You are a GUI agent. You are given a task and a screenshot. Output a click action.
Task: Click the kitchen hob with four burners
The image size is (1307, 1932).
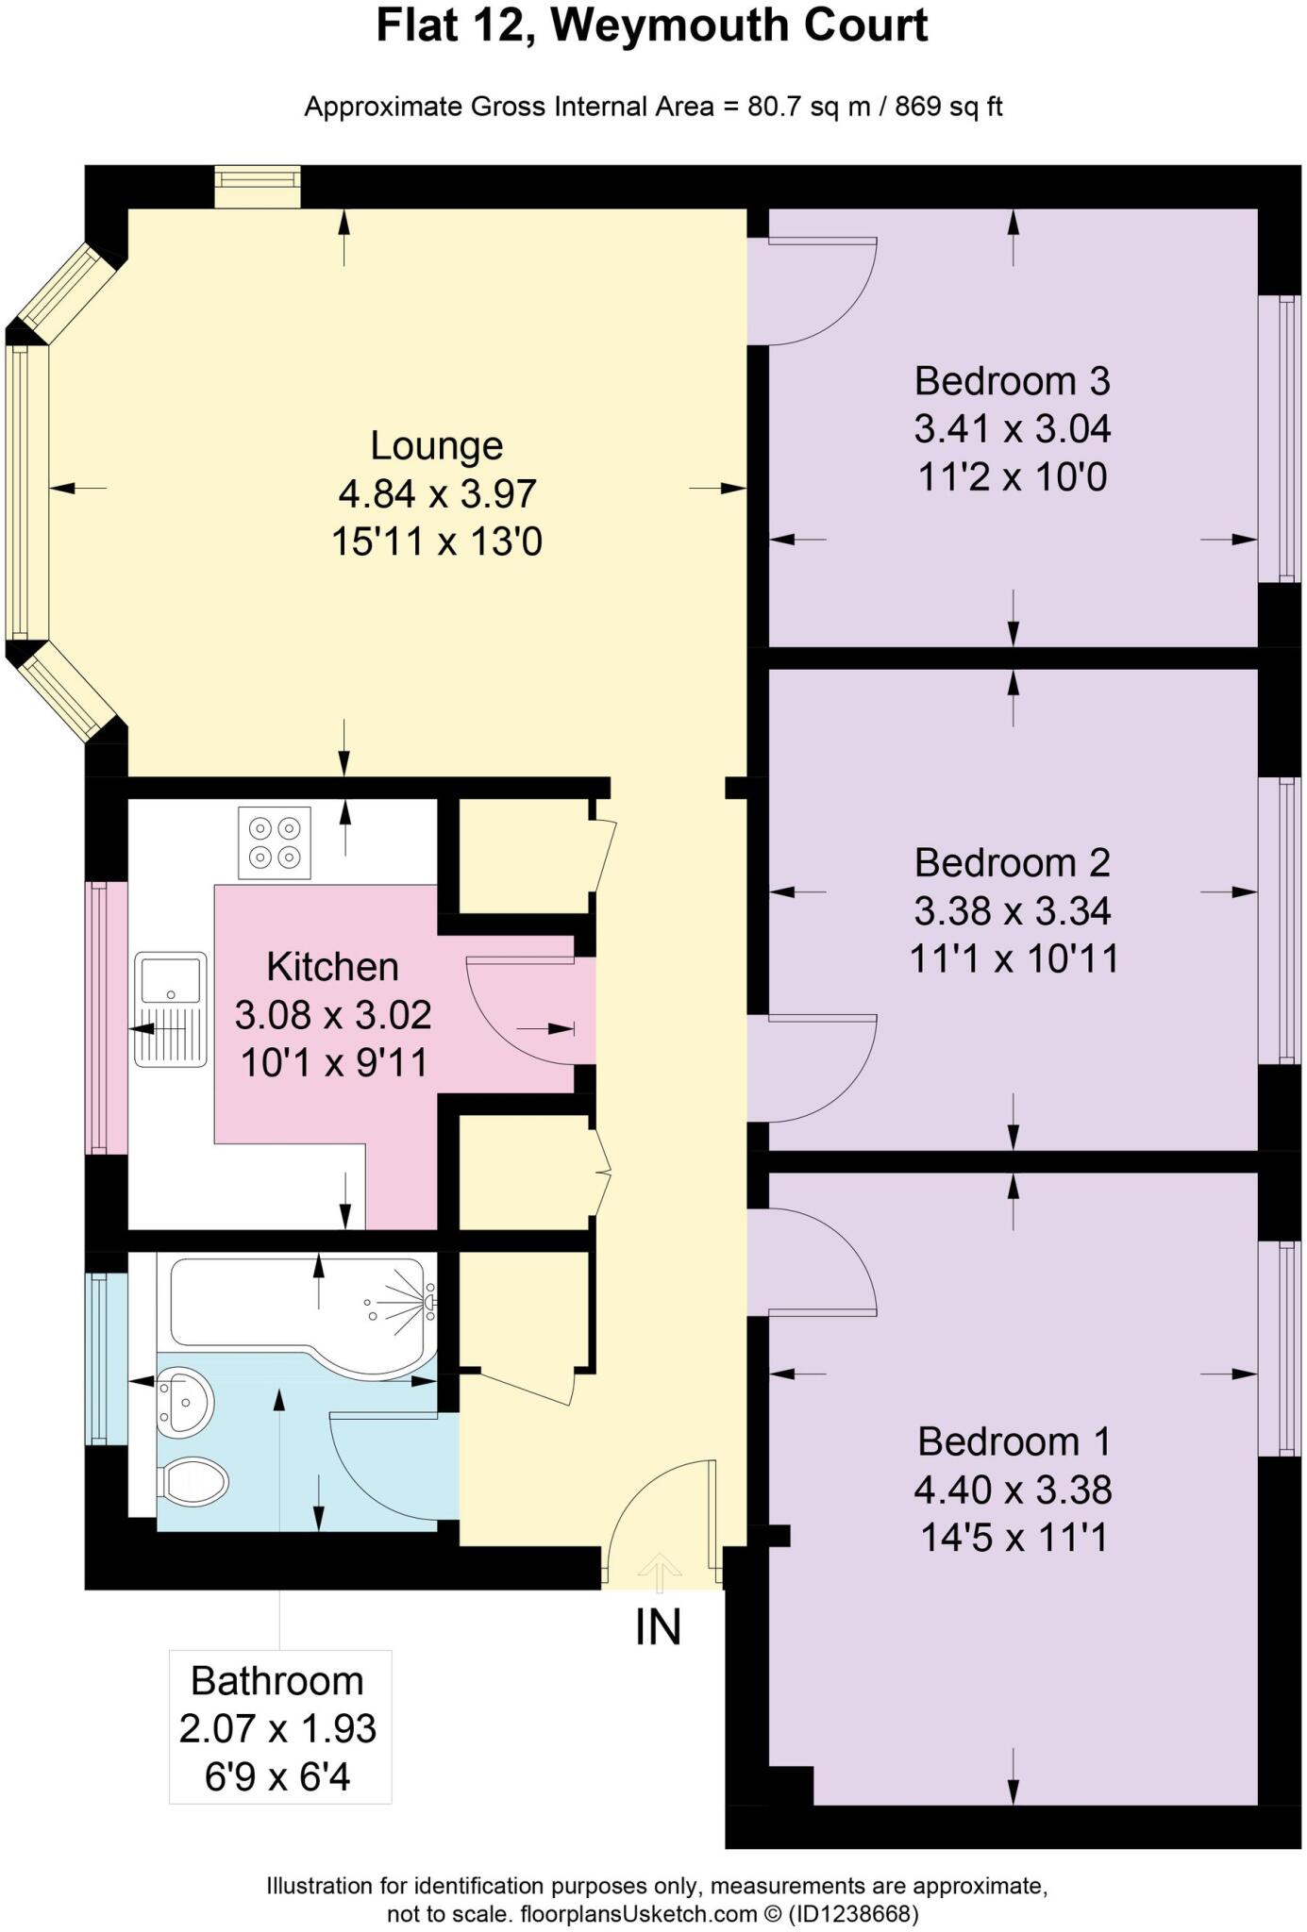[275, 843]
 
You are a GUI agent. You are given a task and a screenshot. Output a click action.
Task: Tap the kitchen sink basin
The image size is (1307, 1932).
[171, 979]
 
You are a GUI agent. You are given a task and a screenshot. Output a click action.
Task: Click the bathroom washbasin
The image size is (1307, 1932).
[184, 1402]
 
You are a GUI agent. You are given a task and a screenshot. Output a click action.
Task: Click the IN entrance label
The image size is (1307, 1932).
[658, 1627]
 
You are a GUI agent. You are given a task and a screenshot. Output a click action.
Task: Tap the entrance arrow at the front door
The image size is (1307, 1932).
[659, 1572]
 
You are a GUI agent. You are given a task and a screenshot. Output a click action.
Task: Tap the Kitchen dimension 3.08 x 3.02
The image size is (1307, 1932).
[333, 1015]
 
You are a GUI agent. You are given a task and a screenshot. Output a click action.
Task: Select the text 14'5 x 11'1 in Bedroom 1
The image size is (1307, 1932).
[1014, 1538]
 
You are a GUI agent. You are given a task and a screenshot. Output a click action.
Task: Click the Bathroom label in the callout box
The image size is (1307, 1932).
[277, 1681]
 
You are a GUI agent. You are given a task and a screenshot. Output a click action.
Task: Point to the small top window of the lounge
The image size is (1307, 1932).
[257, 187]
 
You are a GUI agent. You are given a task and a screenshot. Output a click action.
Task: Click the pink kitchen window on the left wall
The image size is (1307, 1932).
[107, 1017]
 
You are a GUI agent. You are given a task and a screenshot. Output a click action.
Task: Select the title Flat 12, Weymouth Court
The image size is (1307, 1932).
[652, 25]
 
